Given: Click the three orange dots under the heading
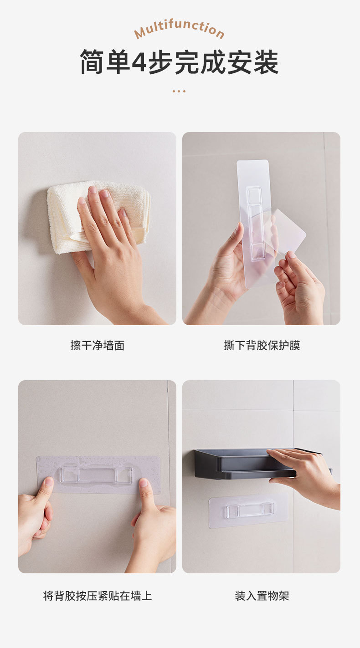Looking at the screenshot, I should (179, 91).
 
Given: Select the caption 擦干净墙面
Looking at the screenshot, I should (97, 346).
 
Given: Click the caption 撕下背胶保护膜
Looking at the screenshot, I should (262, 346).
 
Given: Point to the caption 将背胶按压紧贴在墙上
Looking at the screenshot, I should (97, 596).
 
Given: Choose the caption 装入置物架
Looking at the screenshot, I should (262, 596).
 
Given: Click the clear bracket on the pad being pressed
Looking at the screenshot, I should (96, 475).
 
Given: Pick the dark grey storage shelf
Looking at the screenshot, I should (237, 464).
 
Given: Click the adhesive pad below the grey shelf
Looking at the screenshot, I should (248, 510).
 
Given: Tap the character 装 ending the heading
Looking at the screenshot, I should (266, 62).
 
